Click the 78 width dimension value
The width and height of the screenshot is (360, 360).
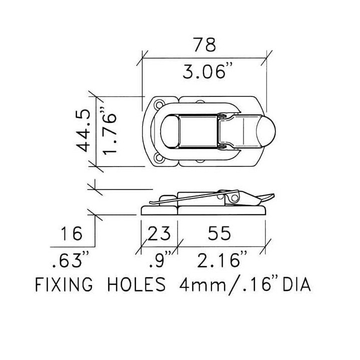tap(204, 45)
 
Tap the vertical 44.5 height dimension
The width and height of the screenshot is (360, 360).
tap(82, 130)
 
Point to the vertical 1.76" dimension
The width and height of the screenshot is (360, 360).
tap(109, 131)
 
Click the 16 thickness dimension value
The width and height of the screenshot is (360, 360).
tap(71, 233)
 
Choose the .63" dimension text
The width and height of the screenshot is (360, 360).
tap(70, 259)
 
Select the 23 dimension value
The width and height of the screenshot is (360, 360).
tap(159, 233)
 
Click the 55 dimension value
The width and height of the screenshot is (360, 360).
tap(219, 233)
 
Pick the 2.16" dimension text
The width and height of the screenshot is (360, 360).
tap(222, 259)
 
